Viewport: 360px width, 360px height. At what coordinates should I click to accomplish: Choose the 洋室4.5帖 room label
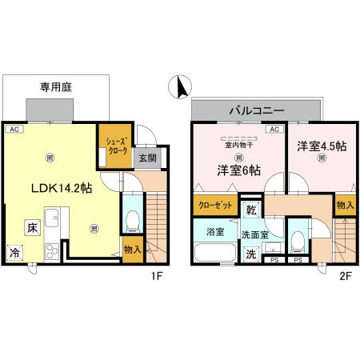322,146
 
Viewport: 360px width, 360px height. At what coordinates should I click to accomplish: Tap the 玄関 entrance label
147,158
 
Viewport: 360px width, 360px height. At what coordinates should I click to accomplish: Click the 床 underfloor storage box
32,227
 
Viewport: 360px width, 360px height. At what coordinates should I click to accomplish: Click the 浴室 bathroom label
214,233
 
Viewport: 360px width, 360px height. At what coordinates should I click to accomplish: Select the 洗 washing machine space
250,256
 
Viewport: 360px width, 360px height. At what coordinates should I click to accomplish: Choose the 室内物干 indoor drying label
235,145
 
